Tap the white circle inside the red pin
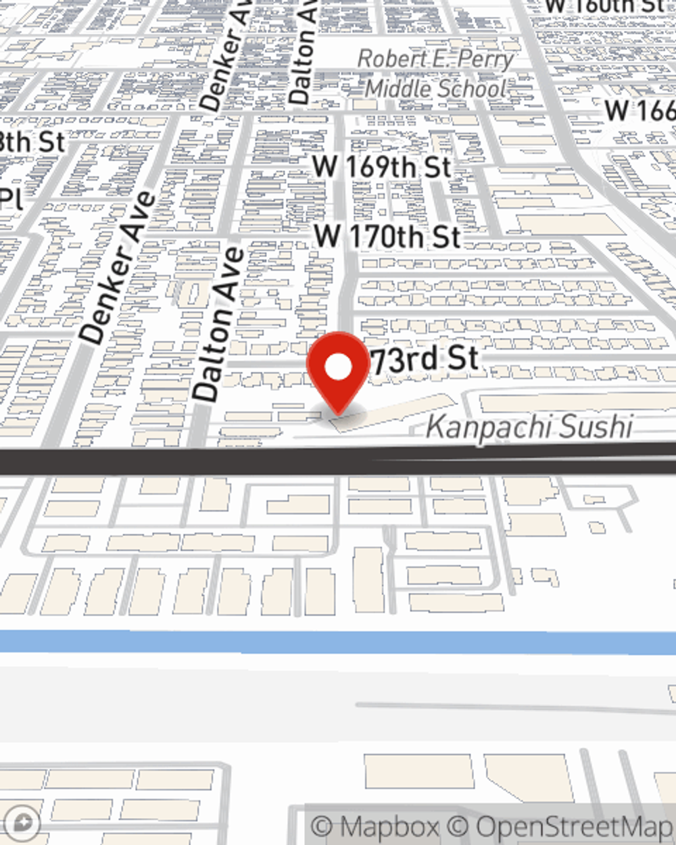click(x=339, y=368)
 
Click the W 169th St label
click(x=382, y=166)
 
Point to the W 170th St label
click(x=387, y=237)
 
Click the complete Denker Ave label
click(x=116, y=268)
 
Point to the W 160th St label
click(x=604, y=6)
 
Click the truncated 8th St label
click(x=32, y=142)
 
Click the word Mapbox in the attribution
click(x=389, y=827)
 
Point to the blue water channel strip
click(x=338, y=642)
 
